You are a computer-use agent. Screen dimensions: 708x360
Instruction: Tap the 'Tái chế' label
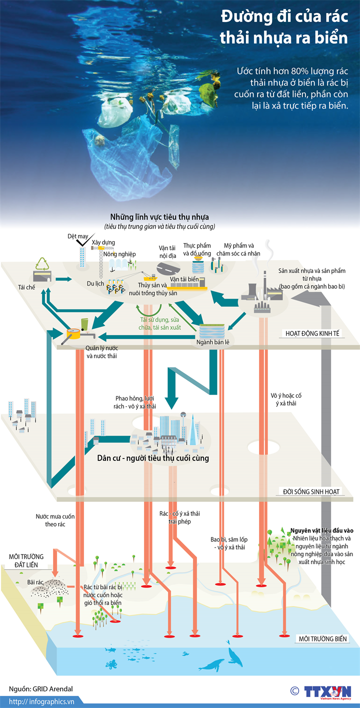coord(26,287)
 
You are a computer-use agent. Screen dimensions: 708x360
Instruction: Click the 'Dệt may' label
coord(78,236)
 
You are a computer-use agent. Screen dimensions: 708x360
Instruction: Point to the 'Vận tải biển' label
coord(185,279)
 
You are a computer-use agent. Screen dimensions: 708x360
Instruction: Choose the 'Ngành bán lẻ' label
coord(211,342)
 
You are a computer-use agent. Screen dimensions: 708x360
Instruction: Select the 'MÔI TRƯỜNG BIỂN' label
coord(322,638)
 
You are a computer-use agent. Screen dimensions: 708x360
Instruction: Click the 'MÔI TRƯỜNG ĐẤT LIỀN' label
coord(25,560)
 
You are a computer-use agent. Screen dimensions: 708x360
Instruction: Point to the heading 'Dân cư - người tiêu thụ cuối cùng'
coord(153,458)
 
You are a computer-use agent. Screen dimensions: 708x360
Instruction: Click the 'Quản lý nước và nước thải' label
coord(98,352)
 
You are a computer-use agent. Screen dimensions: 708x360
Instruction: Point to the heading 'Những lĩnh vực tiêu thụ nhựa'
coord(159,217)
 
